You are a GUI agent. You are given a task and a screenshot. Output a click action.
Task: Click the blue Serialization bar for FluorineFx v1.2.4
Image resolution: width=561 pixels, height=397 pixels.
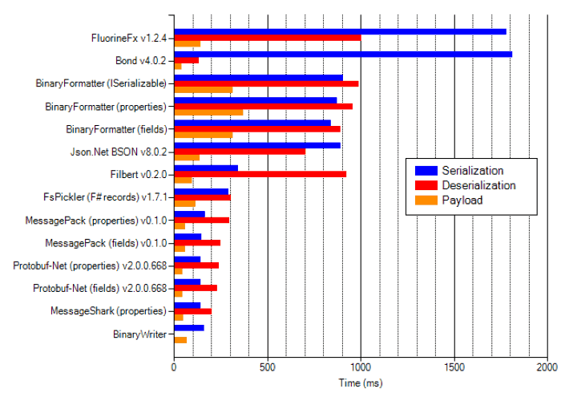click(340, 31)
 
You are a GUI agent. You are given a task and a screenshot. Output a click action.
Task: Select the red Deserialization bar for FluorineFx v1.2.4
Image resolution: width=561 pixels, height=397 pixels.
click(267, 38)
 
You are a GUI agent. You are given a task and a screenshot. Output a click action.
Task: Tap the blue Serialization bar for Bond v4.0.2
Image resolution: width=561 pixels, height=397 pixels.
click(343, 54)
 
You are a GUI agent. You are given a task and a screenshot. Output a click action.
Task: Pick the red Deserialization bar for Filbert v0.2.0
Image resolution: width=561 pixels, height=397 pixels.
click(260, 174)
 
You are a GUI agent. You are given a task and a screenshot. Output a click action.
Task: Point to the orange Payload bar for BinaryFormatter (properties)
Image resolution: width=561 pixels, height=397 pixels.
click(208, 112)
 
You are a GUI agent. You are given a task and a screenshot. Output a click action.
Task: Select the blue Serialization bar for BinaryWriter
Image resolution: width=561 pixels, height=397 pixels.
click(188, 327)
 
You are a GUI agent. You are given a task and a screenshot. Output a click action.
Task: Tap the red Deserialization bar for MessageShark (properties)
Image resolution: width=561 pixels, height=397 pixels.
click(192, 311)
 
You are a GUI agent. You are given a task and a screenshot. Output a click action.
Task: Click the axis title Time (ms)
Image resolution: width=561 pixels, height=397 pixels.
click(361, 384)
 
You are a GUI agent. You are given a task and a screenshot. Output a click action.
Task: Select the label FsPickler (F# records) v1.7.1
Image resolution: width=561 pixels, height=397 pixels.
click(104, 196)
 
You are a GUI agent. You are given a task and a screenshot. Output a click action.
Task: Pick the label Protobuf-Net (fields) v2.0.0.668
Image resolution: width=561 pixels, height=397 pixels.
click(99, 288)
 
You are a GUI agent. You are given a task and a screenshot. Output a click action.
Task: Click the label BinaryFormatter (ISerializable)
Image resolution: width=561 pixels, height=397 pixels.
click(101, 83)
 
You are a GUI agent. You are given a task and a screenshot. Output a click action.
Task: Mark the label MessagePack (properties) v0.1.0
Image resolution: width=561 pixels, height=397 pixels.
click(106, 220)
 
